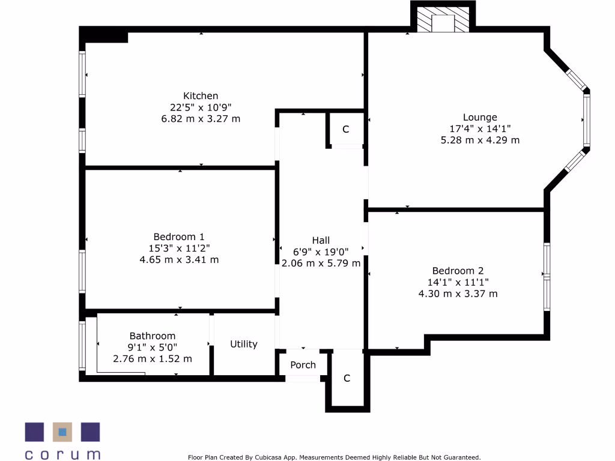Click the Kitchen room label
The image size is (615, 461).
pos(201,96)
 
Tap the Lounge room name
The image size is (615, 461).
pos(480,118)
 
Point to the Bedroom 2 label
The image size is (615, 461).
pos(458,271)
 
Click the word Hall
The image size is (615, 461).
pos(321,240)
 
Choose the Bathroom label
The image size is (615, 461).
pos(153,336)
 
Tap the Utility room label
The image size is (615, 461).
pos(244,344)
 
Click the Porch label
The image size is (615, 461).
pos(303,365)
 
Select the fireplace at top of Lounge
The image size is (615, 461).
pos(443,22)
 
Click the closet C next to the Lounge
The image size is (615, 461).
pos(346,130)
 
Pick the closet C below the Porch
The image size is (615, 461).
pos(347,378)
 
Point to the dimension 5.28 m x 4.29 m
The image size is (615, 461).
pos(480,140)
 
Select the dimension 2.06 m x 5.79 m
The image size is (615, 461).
pos(321,263)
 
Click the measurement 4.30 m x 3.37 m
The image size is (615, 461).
pos(458,294)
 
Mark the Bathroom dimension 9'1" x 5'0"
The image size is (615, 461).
pos(153,348)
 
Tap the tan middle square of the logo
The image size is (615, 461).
pos(62,432)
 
